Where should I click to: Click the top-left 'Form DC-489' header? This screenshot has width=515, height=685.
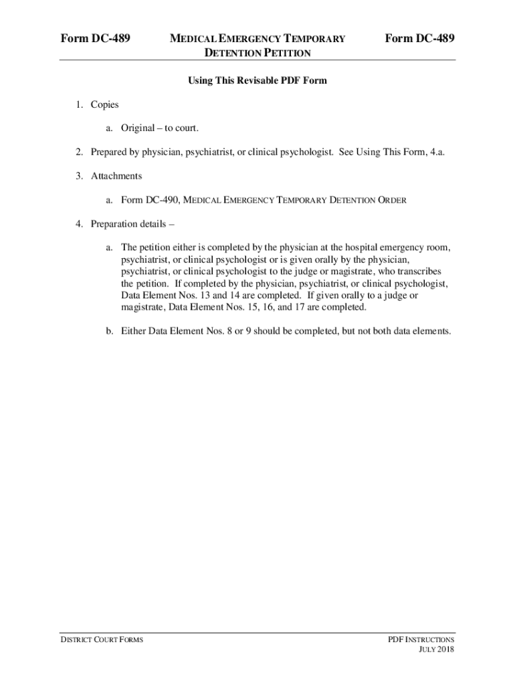pyautogui.click(x=94, y=39)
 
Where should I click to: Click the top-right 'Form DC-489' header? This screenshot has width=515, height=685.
pyautogui.click(x=420, y=39)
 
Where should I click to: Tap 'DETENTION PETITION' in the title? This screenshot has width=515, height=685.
pyautogui.click(x=257, y=53)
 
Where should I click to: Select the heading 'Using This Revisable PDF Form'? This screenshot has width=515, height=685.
pyautogui.click(x=257, y=81)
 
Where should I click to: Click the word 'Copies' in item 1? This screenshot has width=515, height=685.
pyautogui.click(x=105, y=104)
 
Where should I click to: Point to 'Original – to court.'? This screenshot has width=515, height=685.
pyautogui.click(x=160, y=128)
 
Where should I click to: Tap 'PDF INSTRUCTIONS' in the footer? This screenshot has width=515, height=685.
pyautogui.click(x=421, y=640)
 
